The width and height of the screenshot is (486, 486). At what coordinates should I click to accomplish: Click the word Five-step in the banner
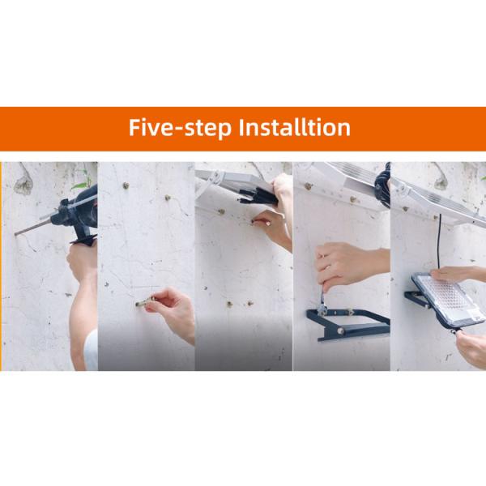[180, 127]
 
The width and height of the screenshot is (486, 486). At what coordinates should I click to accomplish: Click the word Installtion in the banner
[295, 127]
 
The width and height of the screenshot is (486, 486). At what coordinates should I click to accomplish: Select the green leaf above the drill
[79, 185]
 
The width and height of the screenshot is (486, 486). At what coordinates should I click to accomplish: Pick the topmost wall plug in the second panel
[126, 185]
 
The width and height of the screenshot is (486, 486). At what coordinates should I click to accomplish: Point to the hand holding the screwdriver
[347, 263]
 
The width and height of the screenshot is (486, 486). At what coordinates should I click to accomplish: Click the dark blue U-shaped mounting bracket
[348, 324]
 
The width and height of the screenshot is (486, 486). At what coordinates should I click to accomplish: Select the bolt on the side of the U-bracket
[340, 331]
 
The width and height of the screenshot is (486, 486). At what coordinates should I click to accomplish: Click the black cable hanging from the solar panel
[439, 241]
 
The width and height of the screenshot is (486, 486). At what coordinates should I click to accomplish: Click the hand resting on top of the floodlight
[455, 274]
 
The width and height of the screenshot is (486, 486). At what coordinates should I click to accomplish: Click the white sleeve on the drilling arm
[91, 350]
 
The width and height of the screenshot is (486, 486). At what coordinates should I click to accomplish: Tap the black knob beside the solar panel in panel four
[383, 186]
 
